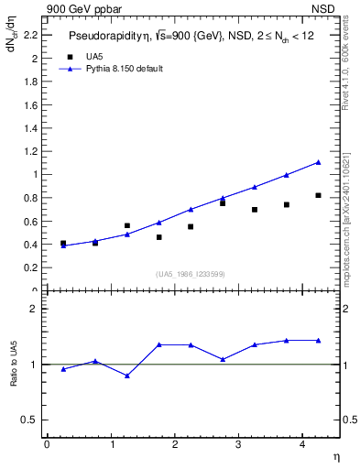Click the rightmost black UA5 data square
318,195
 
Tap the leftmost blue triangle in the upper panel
63,245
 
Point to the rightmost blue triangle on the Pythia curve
318,162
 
